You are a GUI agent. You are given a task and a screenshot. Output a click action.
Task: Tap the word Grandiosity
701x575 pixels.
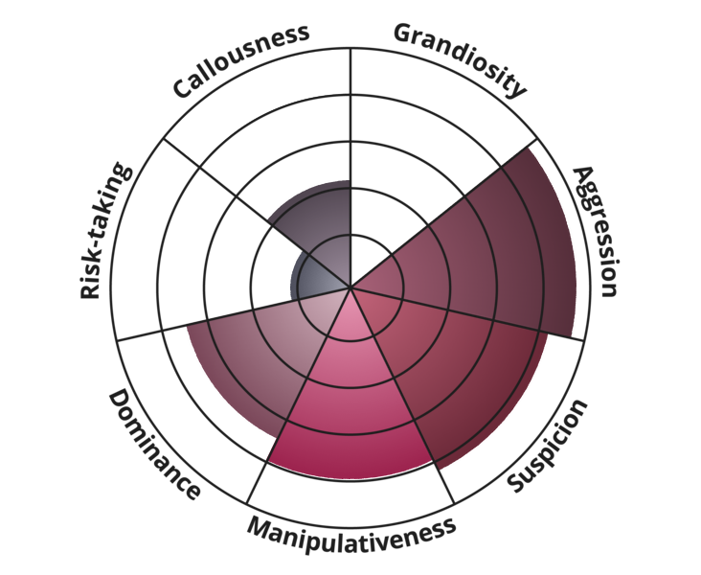460,59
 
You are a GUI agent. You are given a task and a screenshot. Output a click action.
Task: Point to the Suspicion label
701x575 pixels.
547,446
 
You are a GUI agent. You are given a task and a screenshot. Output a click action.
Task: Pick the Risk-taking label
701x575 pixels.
105,231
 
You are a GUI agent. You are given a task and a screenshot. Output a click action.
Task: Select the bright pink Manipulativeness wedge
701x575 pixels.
350,402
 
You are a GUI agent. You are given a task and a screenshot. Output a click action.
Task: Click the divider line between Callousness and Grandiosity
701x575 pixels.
350,168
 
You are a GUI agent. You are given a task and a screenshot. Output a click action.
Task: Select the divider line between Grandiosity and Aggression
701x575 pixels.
443,213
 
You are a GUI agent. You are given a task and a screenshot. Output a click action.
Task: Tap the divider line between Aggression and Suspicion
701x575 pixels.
467,313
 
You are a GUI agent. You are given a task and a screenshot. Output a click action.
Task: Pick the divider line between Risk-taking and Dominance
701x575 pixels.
234,313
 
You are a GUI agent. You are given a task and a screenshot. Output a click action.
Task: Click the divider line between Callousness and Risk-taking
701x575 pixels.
257,213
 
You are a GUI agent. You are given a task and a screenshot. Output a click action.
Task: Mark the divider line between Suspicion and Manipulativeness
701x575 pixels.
402,396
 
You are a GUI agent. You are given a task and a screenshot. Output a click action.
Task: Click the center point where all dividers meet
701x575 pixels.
350,287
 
